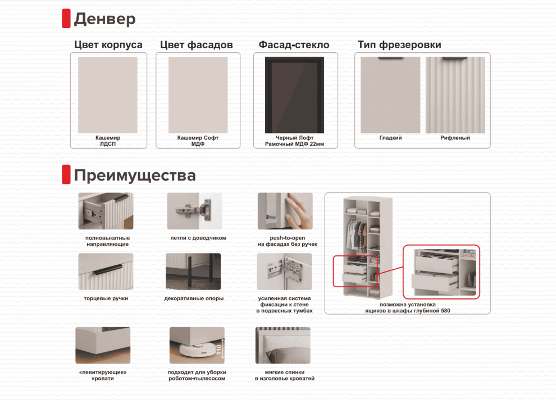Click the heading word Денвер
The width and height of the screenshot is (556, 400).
click(x=104, y=19)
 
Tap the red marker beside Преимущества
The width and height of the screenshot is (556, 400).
click(x=66, y=174)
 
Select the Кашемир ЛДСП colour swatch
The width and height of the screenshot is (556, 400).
click(x=108, y=95)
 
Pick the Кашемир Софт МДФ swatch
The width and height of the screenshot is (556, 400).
click(x=198, y=95)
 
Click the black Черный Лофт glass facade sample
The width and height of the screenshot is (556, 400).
click(x=295, y=95)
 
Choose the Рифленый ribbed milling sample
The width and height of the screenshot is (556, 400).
click(x=455, y=95)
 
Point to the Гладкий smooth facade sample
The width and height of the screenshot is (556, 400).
click(x=390, y=95)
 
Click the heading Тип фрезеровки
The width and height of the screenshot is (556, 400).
click(x=399, y=45)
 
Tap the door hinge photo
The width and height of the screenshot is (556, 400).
click(x=195, y=211)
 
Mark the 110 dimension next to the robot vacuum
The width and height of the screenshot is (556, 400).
click(x=219, y=350)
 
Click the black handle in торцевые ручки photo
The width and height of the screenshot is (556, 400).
click(x=108, y=269)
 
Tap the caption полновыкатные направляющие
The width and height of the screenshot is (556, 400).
click(x=107, y=241)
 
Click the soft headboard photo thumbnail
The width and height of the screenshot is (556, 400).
click(x=283, y=346)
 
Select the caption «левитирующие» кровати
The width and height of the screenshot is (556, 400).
click(x=103, y=375)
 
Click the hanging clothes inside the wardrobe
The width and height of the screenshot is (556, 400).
click(x=357, y=235)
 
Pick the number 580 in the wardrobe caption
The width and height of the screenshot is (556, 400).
click(x=445, y=311)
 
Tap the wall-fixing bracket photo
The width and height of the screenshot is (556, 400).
click(x=284, y=272)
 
